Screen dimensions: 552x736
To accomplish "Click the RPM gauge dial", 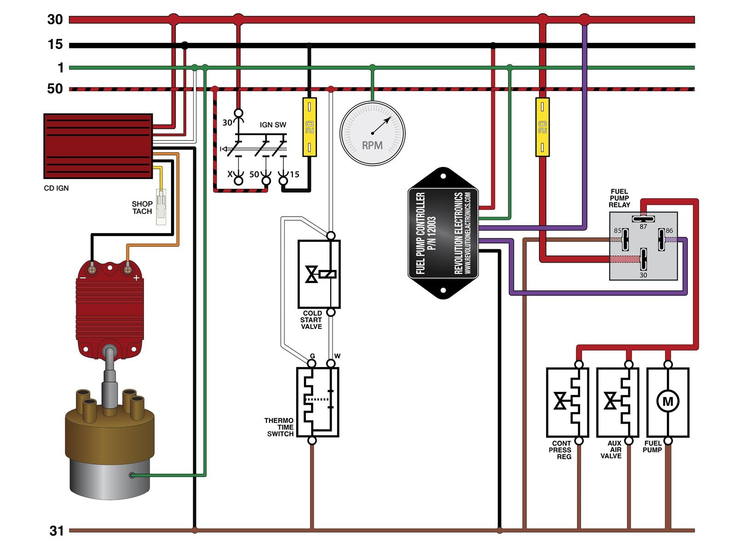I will [372, 133].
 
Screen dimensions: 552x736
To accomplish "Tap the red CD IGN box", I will [98, 146].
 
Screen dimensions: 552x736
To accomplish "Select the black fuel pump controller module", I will [443, 233].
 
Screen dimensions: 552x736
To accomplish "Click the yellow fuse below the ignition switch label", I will [309, 127].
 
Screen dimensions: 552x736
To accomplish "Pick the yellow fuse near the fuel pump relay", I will [542, 127].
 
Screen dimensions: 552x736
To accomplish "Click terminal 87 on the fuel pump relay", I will [643, 219].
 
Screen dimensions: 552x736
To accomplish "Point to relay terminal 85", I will [625, 239].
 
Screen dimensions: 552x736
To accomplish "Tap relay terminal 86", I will [661, 239].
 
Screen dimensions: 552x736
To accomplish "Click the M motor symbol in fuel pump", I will [667, 402].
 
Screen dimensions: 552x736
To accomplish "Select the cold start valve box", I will [319, 274].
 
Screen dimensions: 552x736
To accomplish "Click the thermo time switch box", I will [318, 402].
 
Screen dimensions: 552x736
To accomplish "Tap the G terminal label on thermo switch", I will [312, 356].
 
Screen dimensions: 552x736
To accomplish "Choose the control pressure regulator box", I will [567, 402].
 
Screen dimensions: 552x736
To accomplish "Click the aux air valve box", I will [617, 402].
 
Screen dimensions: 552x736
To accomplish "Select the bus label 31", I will [57, 531].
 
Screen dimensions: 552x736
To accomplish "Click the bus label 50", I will [55, 89].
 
